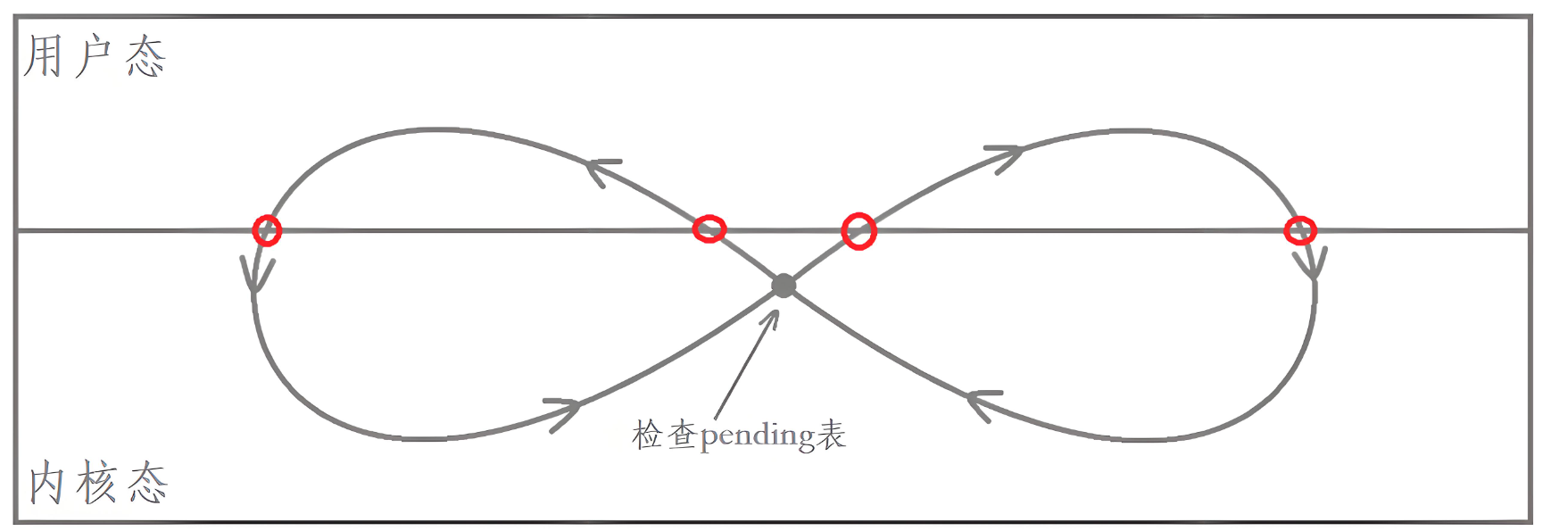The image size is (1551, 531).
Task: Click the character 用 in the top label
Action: coord(42,56)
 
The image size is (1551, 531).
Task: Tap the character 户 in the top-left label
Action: coord(93,56)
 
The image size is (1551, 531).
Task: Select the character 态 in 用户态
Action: coord(145,58)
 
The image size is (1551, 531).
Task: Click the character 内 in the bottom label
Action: coord(46,483)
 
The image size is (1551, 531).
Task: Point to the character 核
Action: coord(96,483)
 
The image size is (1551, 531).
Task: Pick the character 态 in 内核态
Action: coord(147,483)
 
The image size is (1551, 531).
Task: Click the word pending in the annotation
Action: coord(757,436)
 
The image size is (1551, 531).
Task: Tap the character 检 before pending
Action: coord(647,436)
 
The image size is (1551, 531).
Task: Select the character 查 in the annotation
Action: coord(682,436)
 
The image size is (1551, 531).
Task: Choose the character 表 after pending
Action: coord(831,436)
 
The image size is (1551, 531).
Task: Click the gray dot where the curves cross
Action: coord(784,286)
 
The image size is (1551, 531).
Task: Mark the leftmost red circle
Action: coord(267,230)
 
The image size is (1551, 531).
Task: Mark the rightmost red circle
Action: coord(1300,230)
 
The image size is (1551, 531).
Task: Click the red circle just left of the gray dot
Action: coord(709,229)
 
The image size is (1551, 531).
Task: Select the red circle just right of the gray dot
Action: coord(858,231)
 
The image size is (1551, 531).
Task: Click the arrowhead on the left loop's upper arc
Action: coord(602,170)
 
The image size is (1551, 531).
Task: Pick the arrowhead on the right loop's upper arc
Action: coord(1008,155)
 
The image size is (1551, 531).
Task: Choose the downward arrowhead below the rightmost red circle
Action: coord(1313,266)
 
